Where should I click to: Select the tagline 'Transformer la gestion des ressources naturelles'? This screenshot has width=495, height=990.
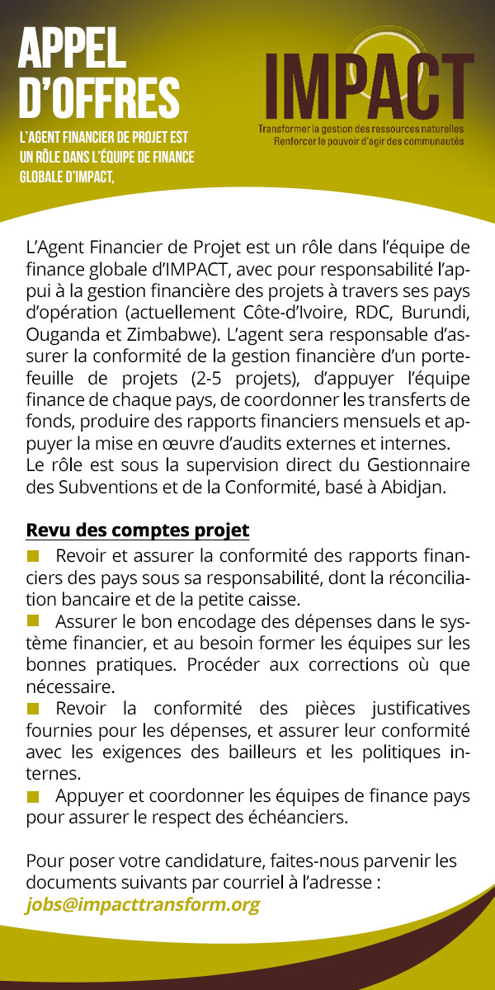pos(361,130)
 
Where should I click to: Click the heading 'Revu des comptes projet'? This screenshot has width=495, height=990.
pos(138,529)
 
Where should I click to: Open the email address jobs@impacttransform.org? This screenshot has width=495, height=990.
pos(144,904)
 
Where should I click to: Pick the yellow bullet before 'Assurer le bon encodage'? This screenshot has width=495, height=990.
pos(33,619)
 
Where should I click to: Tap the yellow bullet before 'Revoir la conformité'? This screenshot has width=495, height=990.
pos(33,708)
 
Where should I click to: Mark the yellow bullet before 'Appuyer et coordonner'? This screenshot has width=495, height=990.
pos(33,796)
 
